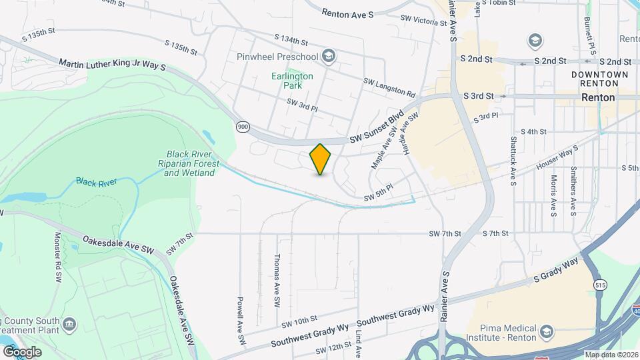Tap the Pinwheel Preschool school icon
(x=327, y=57)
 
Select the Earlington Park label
(x=292, y=81)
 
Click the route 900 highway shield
(x=242, y=126)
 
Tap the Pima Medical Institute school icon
(x=546, y=331)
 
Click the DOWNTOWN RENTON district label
(x=599, y=79)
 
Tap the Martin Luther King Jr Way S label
(x=111, y=65)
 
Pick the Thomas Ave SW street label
(x=277, y=281)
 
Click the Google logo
(x=22, y=351)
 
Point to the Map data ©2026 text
(x=611, y=355)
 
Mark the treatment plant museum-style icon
(x=70, y=325)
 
